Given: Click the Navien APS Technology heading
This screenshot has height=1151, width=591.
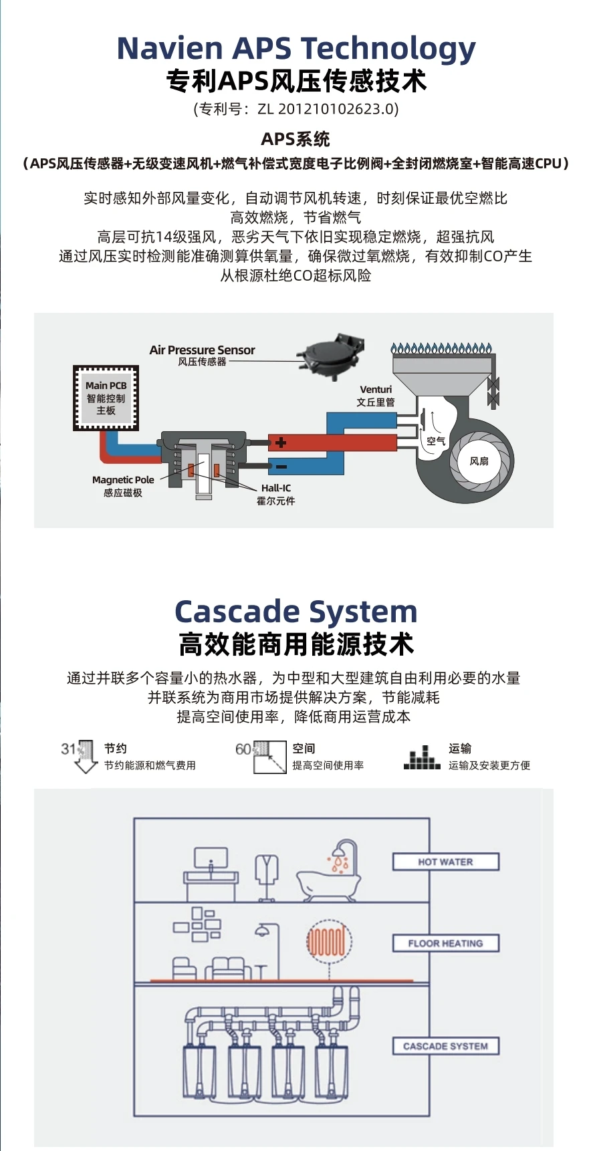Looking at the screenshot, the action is coord(296,48).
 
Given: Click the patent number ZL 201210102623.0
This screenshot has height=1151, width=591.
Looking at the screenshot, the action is coord(328,109).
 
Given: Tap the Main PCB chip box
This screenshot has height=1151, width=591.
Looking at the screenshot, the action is coord(106,398).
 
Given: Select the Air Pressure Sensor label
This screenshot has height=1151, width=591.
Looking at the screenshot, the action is coord(202,350).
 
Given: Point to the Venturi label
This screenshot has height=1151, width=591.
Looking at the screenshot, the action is coord(376,389).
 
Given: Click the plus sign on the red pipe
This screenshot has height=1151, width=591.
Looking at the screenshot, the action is coord(281,442).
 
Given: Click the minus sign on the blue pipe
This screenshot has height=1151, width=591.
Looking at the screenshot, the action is coord(281,466).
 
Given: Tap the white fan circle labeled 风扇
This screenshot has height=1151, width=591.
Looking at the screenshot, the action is coord(479,461).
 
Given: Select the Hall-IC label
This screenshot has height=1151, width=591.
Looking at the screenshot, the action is coord(276,488).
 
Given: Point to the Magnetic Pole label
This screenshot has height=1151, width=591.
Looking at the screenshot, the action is coord(123,480).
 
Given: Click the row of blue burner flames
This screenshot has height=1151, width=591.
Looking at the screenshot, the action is coord(442,348).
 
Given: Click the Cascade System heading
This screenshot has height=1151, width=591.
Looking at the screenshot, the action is coord(296,611).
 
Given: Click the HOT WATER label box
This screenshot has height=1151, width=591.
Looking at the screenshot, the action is coord(445,862).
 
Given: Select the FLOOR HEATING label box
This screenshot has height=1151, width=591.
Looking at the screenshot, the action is coord(445,943).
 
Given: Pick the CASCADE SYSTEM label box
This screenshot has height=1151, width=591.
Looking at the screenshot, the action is coord(445,1046).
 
